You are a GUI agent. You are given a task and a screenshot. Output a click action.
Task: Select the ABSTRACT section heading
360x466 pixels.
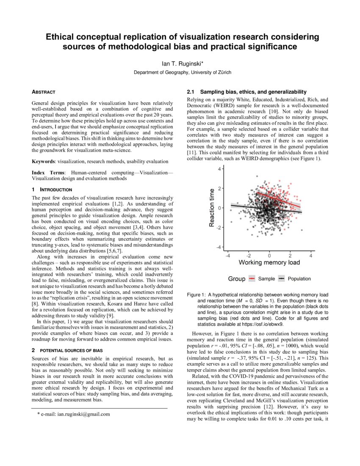tap(44, 92)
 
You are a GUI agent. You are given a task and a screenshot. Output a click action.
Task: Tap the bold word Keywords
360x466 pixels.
tap(44, 161)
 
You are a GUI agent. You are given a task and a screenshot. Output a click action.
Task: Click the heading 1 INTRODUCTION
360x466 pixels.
tap(52, 189)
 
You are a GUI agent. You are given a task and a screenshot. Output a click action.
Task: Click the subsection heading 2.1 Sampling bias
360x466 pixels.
tap(246, 92)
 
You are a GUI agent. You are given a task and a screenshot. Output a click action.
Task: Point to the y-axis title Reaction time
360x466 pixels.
tap(212, 208)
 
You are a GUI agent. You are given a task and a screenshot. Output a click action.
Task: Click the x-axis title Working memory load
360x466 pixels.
tap(269, 262)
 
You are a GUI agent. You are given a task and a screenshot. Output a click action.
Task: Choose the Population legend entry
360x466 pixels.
tap(299, 279)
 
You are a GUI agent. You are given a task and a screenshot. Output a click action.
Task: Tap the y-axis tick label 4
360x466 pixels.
tap(219, 169)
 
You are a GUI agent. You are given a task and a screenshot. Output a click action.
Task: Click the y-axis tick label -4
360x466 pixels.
tap(219, 247)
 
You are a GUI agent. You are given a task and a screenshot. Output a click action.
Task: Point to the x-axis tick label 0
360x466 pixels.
tap(269, 255)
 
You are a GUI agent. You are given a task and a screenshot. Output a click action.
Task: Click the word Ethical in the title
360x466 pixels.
tap(64, 37)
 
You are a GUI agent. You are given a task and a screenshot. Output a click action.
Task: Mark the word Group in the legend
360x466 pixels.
tap(236, 279)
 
